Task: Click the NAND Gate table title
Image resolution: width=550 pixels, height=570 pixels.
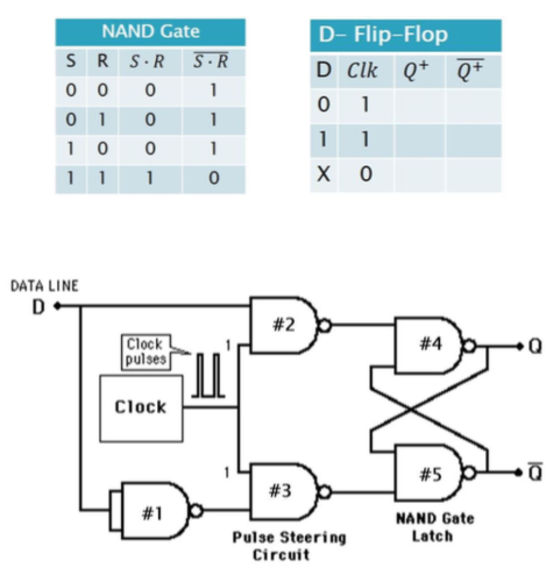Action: tap(150, 32)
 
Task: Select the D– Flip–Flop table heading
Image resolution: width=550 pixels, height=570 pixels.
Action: tap(383, 35)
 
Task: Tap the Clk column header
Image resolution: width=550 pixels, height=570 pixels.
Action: tap(363, 70)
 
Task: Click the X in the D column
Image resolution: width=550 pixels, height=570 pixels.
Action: tap(324, 175)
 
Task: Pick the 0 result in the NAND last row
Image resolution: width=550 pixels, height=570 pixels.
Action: tap(214, 179)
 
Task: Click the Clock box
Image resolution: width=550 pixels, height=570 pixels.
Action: tap(141, 407)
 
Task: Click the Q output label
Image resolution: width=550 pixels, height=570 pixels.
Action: tap(535, 346)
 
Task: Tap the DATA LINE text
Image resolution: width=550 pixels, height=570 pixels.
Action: tap(44, 286)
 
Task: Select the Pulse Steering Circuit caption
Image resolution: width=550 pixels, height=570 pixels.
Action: tap(289, 546)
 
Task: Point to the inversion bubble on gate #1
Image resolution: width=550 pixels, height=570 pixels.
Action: tap(196, 510)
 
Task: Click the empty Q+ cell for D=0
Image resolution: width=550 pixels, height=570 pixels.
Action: tap(420, 105)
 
